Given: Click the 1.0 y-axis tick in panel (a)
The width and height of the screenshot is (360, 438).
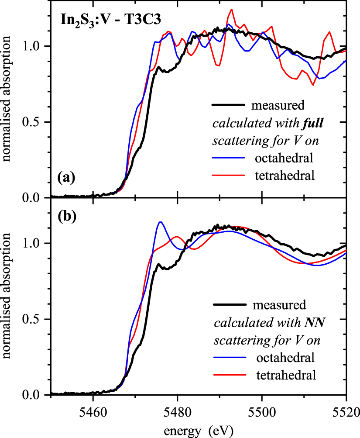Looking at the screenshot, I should coord(35,46).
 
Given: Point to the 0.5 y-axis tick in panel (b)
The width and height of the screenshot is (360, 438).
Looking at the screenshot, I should coord(35,319).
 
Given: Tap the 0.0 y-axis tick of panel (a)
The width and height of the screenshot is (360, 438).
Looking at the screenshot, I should coord(35,198).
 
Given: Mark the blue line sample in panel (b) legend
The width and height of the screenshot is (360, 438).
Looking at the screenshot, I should coord(229,359).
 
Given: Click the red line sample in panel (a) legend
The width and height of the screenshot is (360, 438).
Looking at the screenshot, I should coord(229,176).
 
